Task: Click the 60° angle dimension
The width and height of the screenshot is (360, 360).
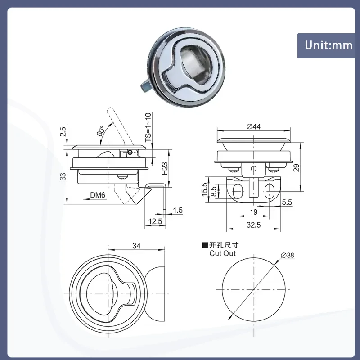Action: pyautogui.click(x=100, y=131)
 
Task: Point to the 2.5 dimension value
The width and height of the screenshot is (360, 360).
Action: pyautogui.click(x=63, y=132)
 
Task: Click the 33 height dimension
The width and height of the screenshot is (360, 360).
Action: pyautogui.click(x=63, y=176)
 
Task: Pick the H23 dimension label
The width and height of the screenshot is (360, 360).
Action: pyautogui.click(x=165, y=169)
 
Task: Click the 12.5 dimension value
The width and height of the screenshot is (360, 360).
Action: pyautogui.click(x=154, y=221)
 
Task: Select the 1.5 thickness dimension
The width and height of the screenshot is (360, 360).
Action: pyautogui.click(x=177, y=210)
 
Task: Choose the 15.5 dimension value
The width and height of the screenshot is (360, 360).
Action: pyautogui.click(x=205, y=189)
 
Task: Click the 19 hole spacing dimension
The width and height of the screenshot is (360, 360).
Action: pyautogui.click(x=254, y=211)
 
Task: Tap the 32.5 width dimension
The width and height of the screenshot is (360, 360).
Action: pyautogui.click(x=254, y=225)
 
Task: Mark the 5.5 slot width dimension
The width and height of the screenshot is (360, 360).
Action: pyautogui.click(x=287, y=203)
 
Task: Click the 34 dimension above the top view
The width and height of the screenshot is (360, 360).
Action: pyautogui.click(x=137, y=246)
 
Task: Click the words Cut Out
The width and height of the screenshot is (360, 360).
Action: pyautogui.click(x=222, y=253)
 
